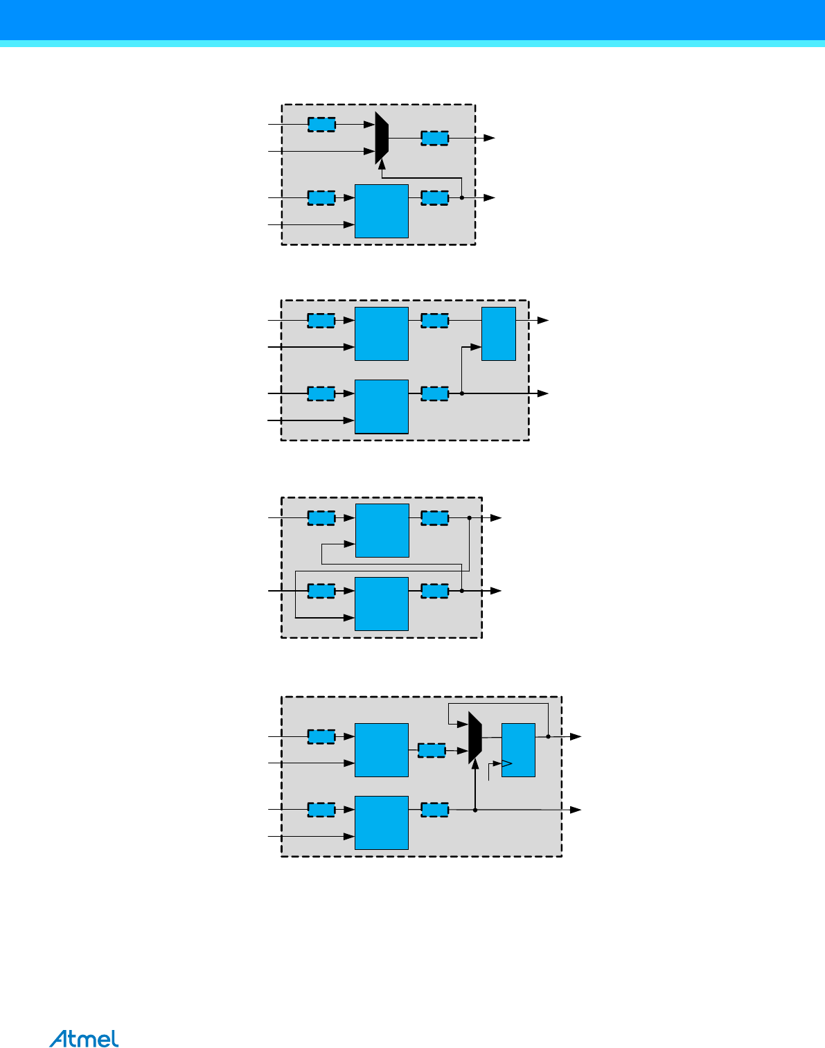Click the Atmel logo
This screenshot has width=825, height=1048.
point(84,1039)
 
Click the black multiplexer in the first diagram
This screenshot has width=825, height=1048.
point(382,138)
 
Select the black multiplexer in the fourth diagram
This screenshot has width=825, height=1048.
point(474,738)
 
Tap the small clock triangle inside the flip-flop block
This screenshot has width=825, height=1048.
point(506,763)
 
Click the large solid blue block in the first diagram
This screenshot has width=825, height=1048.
point(381,211)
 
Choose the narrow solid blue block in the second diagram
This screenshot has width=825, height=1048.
point(498,334)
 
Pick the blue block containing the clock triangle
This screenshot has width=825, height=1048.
point(518,750)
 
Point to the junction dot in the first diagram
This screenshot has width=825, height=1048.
point(462,198)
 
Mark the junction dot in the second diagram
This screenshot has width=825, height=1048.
point(462,393)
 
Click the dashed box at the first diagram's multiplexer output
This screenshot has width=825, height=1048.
point(434,138)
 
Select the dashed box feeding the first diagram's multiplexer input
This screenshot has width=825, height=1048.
point(321,125)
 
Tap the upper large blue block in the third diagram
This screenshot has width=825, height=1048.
point(382,531)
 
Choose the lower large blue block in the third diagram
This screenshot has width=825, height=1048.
point(382,604)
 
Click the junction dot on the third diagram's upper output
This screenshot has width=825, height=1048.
point(470,517)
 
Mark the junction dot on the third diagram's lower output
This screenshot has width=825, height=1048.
point(462,591)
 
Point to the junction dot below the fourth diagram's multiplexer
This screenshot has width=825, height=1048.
point(475,810)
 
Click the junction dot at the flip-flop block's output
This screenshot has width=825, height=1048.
point(548,737)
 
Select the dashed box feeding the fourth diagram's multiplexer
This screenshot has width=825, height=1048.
point(432,750)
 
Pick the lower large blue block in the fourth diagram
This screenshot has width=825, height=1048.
point(382,823)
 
